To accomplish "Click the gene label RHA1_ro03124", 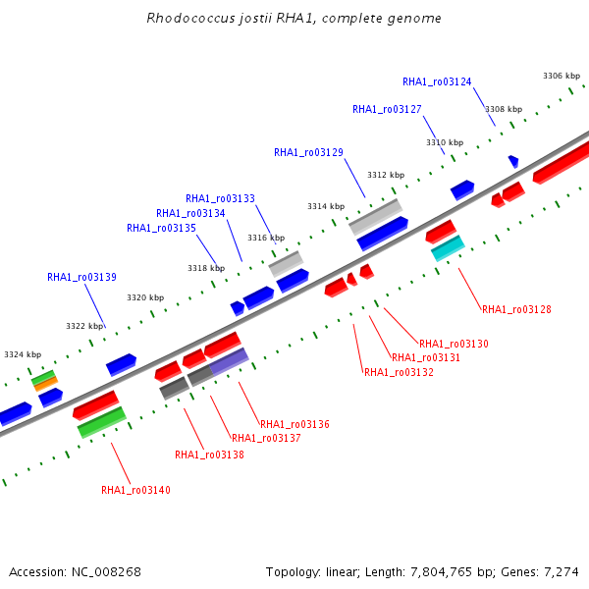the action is (x=437, y=81).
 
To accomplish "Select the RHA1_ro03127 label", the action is (x=387, y=109).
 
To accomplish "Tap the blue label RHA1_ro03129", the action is (x=308, y=152).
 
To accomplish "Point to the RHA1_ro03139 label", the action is (x=81, y=277).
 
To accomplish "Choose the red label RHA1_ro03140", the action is (x=135, y=490).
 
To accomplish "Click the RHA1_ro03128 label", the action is (x=516, y=309).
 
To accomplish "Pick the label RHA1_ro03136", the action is (x=294, y=424).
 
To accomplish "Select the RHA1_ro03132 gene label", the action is (x=399, y=372).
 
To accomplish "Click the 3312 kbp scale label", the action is (x=386, y=175).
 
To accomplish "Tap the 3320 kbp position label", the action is (x=145, y=297).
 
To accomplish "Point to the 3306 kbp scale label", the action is (x=562, y=76).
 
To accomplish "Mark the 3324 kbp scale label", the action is (x=23, y=354).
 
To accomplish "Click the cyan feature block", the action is (x=448, y=248).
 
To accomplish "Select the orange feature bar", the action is (x=46, y=384).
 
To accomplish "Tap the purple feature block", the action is (x=229, y=361).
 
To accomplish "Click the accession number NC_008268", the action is (x=106, y=572).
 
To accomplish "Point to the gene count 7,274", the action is (x=562, y=572).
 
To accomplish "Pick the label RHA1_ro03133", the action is (x=220, y=198).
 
